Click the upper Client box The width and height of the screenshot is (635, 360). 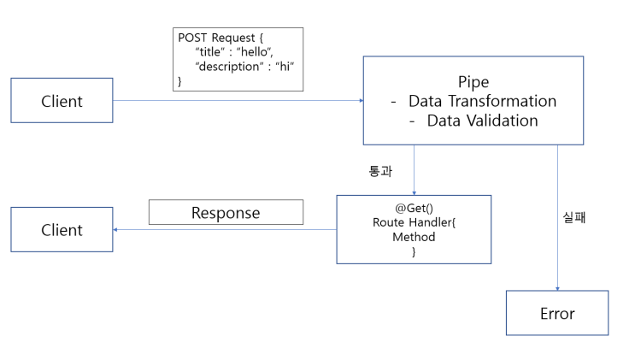click(62, 101)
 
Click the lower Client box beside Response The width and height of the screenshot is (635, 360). click(62, 230)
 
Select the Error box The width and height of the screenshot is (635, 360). click(556, 313)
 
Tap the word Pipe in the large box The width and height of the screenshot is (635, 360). click(473, 81)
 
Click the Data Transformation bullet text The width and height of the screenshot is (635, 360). click(482, 101)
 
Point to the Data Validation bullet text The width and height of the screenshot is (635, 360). click(483, 121)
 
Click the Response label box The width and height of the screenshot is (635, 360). click(226, 212)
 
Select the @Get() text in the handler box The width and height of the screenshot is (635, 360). click(414, 208)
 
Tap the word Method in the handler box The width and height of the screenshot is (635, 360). click(414, 237)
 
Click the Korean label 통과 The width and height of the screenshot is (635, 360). click(379, 171)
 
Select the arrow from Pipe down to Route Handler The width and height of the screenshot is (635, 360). click(414, 169)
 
